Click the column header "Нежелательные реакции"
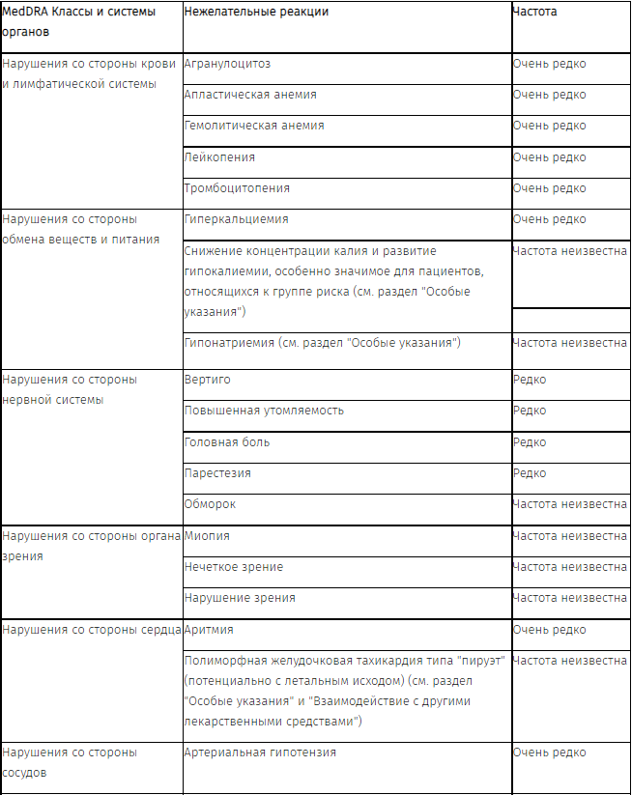[x=256, y=12]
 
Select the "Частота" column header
[x=534, y=12]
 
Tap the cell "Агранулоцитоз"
[x=227, y=64]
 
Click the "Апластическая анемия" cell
[x=250, y=95]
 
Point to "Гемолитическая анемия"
[x=254, y=126]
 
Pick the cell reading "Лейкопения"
[x=219, y=156]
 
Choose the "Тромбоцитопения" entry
[x=237, y=187]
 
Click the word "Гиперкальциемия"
[x=236, y=219]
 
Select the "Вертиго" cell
[x=207, y=380]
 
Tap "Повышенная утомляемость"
[x=264, y=411]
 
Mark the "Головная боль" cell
[x=227, y=441]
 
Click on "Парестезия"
[x=217, y=473]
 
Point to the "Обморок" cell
[x=210, y=504]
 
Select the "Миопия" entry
[x=207, y=535]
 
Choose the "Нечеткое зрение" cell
[x=234, y=567]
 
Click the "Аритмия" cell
[x=209, y=630]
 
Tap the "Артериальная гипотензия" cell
[x=260, y=752]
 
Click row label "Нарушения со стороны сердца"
[x=92, y=630]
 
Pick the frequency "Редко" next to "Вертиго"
[x=530, y=380]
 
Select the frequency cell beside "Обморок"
[x=569, y=504]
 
